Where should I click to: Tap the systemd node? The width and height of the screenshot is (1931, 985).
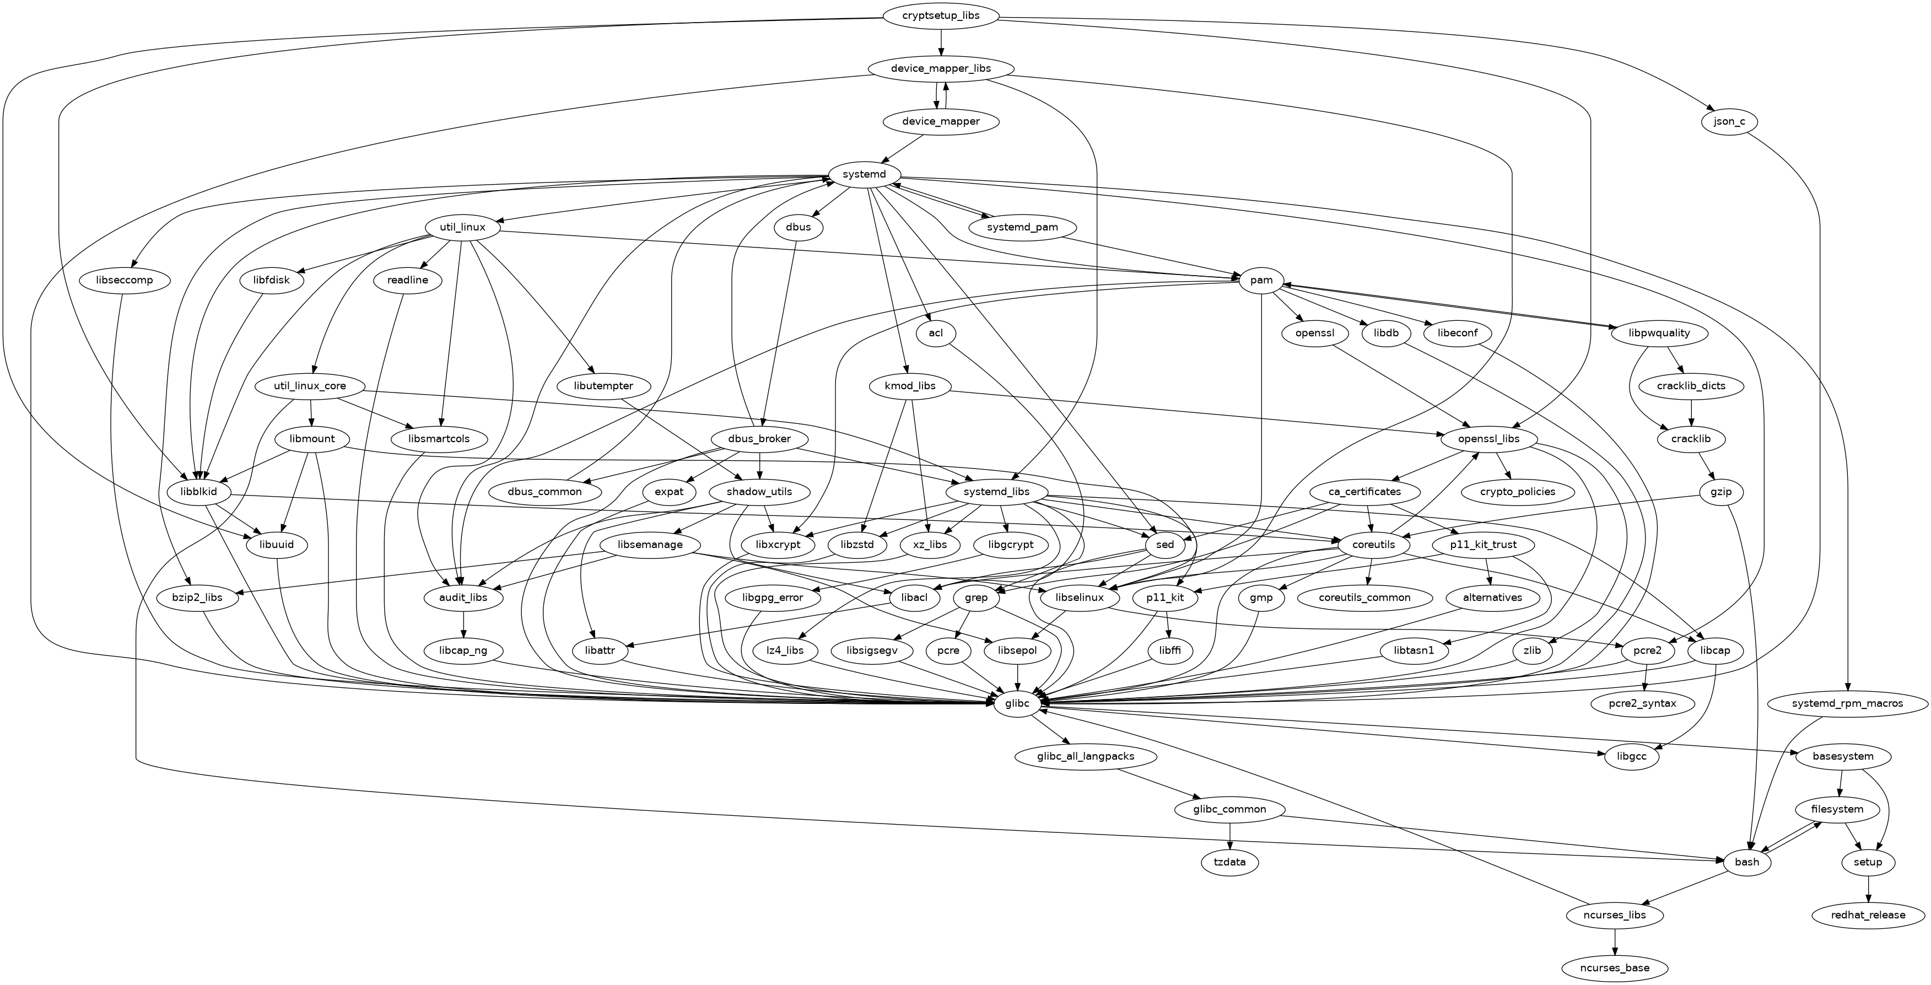pyautogui.click(x=864, y=175)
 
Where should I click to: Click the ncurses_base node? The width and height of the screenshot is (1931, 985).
pyautogui.click(x=1615, y=968)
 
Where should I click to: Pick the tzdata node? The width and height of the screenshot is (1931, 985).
pyautogui.click(x=1229, y=862)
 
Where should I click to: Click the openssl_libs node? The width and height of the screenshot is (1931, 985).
pyautogui.click(x=1488, y=439)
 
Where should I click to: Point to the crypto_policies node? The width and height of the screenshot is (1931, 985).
pyautogui.click(x=1518, y=492)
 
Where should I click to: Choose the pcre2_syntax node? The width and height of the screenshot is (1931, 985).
pyautogui.click(x=1642, y=704)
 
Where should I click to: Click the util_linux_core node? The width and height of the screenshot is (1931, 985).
pyautogui.click(x=310, y=386)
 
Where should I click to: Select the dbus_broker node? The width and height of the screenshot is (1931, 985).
pyautogui.click(x=759, y=439)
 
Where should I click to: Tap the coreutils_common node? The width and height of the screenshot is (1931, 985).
pyautogui.click(x=1364, y=598)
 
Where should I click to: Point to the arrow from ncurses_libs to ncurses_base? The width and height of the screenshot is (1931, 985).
pyautogui.click(x=1615, y=941)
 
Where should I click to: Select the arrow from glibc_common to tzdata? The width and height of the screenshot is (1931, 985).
pyautogui.click(x=1229, y=836)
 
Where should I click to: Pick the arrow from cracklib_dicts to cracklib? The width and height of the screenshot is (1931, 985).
pyautogui.click(x=1690, y=412)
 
